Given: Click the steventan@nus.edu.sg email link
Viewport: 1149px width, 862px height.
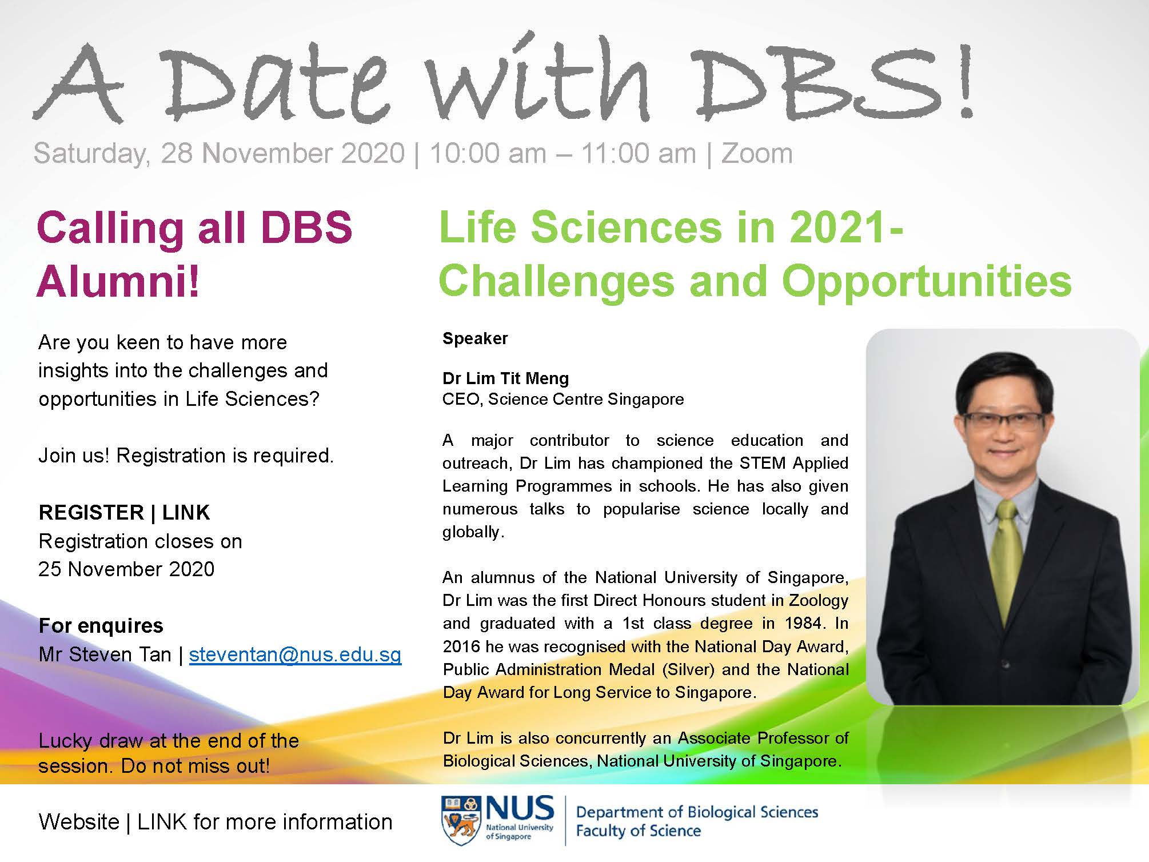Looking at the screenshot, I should click(295, 655).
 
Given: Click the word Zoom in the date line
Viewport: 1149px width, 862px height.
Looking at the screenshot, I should click(757, 154).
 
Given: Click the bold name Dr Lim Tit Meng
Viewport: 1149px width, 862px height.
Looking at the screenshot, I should click(505, 378).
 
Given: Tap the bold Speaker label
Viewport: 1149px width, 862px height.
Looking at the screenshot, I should click(475, 338).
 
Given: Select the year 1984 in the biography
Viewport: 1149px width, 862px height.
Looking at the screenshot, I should click(803, 623).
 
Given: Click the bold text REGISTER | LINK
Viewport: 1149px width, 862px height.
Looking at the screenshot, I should click(124, 513).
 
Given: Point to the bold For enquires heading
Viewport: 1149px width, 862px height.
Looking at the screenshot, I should click(101, 626).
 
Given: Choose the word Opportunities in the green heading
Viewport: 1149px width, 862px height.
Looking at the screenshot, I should click(926, 282).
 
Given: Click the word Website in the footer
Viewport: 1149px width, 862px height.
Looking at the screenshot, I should click(79, 822).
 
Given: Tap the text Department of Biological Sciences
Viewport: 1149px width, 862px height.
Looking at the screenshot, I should click(697, 812).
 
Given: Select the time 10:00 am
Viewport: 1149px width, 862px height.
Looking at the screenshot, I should click(488, 154).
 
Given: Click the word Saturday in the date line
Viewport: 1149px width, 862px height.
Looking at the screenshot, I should click(91, 154).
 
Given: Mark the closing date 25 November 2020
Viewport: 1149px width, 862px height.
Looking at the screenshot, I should click(126, 569).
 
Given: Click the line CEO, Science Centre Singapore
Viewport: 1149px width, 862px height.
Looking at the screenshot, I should click(562, 399).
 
